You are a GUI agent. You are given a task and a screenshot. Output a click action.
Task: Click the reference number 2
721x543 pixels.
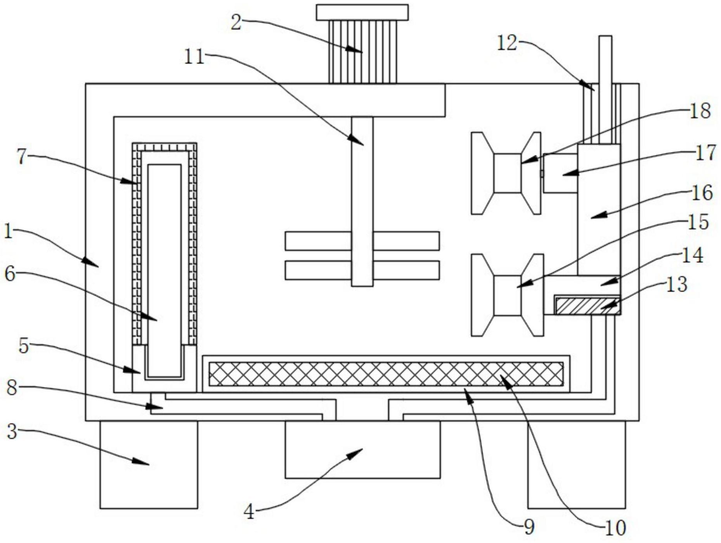(x=236, y=22)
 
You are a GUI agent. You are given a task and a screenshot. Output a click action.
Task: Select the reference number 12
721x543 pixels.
(x=507, y=43)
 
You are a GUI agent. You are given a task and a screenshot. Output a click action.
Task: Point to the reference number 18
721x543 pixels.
(x=700, y=111)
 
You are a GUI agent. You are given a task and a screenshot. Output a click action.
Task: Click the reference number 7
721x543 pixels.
(x=22, y=157)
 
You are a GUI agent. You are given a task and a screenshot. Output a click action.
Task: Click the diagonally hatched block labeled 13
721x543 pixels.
(x=587, y=306)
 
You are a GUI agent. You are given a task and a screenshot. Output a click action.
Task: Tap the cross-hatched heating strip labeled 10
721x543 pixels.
(x=386, y=374)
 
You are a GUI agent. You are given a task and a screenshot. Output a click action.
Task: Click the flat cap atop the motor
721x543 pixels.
(x=362, y=12)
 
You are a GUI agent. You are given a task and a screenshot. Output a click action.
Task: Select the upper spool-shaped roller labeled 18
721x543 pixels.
(x=506, y=173)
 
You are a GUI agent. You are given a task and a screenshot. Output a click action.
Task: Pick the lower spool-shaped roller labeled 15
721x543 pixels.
(x=507, y=295)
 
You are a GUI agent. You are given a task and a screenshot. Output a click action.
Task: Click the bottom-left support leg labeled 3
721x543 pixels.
(x=149, y=465)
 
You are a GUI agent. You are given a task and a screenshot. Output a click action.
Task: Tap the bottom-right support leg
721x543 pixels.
(x=577, y=465)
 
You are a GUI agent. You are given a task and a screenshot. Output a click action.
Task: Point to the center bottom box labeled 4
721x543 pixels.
(x=362, y=449)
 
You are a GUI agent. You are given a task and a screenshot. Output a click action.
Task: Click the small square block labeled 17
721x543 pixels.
(x=560, y=173)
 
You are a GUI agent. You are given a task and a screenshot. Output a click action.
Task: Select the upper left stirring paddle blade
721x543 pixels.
(x=318, y=241)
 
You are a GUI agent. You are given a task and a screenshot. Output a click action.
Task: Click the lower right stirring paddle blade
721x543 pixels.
(x=406, y=270)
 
